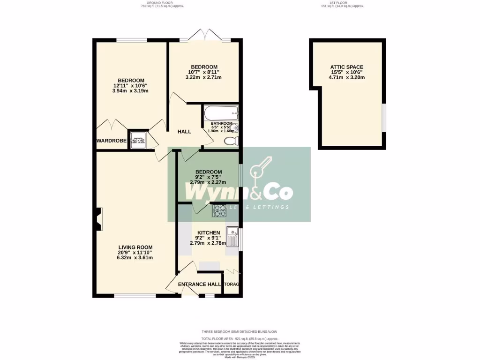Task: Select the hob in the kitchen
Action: (x=220, y=211)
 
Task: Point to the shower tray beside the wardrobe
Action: (x=138, y=140)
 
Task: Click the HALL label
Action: (x=184, y=132)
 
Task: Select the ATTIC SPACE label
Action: (x=347, y=67)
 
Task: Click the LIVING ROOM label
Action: (x=135, y=247)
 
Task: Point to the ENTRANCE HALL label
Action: (x=199, y=284)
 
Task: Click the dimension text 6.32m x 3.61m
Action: (x=135, y=257)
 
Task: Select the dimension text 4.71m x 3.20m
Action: (x=347, y=78)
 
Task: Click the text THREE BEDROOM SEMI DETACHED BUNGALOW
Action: (x=240, y=332)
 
